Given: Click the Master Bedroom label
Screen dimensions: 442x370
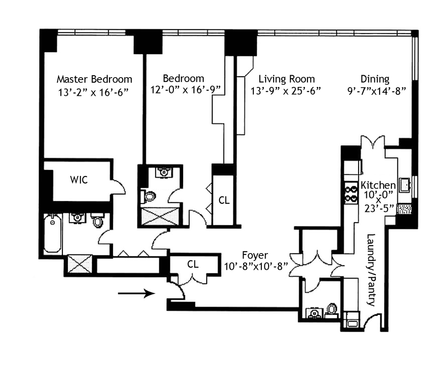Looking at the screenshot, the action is tap(94, 79).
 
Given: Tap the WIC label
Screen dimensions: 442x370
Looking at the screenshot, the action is tap(79, 180).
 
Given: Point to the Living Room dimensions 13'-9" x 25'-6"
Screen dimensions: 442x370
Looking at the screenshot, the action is tap(286, 91).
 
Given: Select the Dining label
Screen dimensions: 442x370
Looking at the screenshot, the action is tap(375, 79).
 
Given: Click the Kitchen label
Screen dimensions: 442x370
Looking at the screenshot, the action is tap(378, 185).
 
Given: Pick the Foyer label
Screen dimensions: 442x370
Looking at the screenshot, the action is tap(255, 256).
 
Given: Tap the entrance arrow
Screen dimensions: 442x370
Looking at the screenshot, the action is tap(137, 293).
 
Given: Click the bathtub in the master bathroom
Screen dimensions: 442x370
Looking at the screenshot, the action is tap(53, 233).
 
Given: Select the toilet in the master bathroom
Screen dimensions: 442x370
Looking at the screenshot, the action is tap(97, 221).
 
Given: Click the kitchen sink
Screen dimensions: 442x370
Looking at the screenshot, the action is tap(404, 185).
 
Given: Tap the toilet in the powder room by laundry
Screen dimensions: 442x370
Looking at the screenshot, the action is tap(332, 310).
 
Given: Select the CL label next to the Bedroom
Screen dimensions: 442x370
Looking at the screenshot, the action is tap(224, 200).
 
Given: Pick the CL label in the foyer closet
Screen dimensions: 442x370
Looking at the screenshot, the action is tap(193, 264).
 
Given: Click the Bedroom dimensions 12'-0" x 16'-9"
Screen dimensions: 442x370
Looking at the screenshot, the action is tap(185, 90).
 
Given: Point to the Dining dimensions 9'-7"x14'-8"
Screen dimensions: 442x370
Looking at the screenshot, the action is tap(376, 91).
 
